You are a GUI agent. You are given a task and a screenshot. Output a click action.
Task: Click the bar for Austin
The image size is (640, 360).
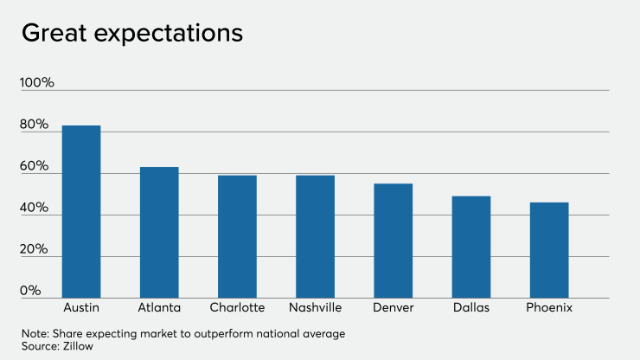point(81,212)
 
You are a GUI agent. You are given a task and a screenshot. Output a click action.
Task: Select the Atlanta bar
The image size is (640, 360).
point(159,233)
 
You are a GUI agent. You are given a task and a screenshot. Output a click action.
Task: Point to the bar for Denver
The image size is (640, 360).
point(393,241)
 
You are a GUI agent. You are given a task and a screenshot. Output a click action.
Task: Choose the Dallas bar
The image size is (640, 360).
point(471,247)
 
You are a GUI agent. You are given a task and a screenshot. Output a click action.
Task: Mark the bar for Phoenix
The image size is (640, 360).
point(549,251)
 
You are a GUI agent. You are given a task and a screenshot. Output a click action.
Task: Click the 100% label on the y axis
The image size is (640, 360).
point(37,83)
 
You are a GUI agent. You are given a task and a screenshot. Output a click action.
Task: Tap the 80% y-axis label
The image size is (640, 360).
point(35,125)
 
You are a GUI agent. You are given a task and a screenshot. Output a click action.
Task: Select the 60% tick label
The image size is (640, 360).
point(35,166)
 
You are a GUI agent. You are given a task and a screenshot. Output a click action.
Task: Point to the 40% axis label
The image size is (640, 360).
point(35,208)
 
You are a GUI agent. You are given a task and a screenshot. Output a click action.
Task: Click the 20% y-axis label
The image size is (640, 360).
point(35,249)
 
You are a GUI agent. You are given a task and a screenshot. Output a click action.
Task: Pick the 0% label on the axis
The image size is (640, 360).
point(31,291)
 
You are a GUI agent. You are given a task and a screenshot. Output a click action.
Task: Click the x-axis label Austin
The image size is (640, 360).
point(81,308)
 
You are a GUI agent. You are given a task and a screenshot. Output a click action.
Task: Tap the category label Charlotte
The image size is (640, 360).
point(237,308)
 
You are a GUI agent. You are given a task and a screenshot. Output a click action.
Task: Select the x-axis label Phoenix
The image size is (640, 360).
point(549,308)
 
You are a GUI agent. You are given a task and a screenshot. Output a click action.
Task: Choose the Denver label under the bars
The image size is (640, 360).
point(393,308)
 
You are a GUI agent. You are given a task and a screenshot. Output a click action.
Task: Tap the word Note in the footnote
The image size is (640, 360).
point(35,333)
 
